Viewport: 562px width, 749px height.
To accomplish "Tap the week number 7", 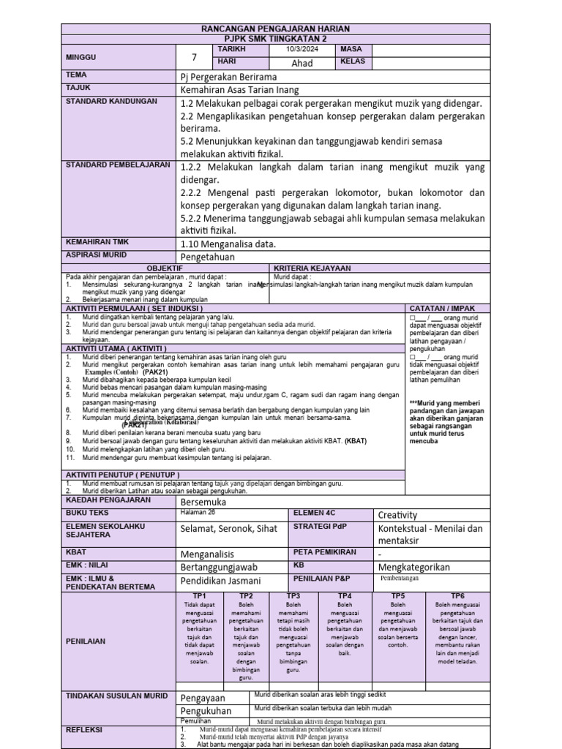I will [x=194, y=56].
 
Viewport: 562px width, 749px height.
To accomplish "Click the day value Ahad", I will [x=301, y=63].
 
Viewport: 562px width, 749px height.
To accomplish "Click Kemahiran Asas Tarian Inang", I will [x=242, y=89].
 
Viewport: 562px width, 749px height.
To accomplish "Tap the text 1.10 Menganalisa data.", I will [x=228, y=244].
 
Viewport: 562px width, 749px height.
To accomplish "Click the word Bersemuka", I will [x=203, y=503].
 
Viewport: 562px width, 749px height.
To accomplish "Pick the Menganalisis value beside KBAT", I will [x=210, y=554].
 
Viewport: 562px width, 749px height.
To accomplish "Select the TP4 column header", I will [x=345, y=596].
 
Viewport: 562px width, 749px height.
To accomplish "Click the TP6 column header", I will [x=457, y=596].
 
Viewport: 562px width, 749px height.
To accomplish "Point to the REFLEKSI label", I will [x=84, y=730].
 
